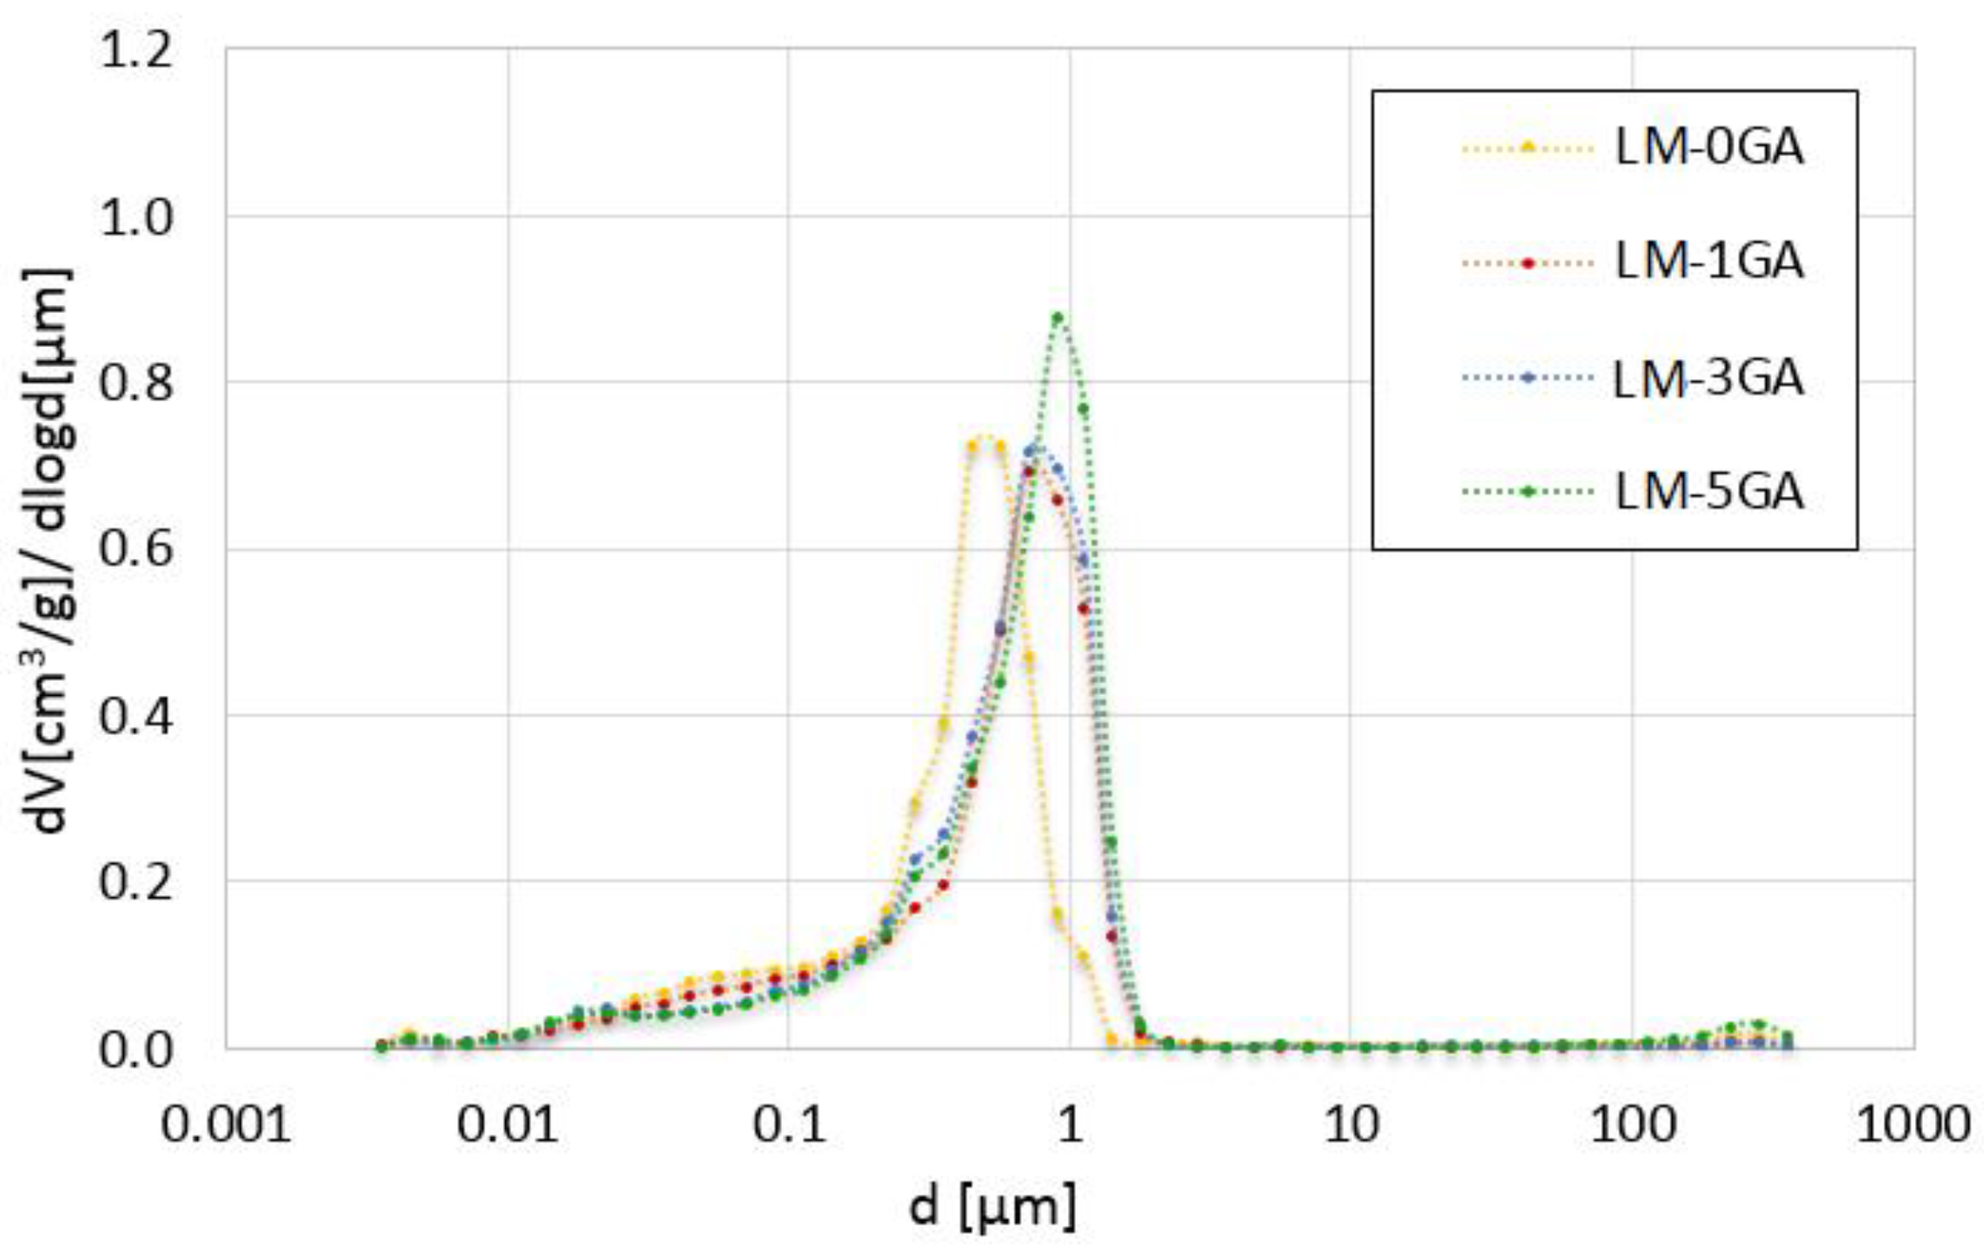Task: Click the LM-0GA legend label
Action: coord(1708,146)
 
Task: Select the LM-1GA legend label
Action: coord(1708,262)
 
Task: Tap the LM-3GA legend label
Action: coord(1708,378)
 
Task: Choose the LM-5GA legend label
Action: coord(1708,492)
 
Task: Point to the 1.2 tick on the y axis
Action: coord(136,51)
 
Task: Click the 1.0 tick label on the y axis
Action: coord(136,218)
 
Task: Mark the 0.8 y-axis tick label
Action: coord(136,384)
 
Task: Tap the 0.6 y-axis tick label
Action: coord(136,550)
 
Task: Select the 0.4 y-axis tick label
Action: coord(136,717)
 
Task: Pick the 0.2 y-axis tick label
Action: coord(136,882)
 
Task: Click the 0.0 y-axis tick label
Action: coord(136,1050)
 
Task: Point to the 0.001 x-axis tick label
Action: coord(226,1125)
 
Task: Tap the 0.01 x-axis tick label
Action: coord(507,1125)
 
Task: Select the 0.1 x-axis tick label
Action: coord(789,1125)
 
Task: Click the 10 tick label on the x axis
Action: coord(1351,1125)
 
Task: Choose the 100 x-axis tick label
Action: coord(1632,1125)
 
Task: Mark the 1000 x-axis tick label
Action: coord(1912,1125)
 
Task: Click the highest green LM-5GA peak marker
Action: coord(1057,317)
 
